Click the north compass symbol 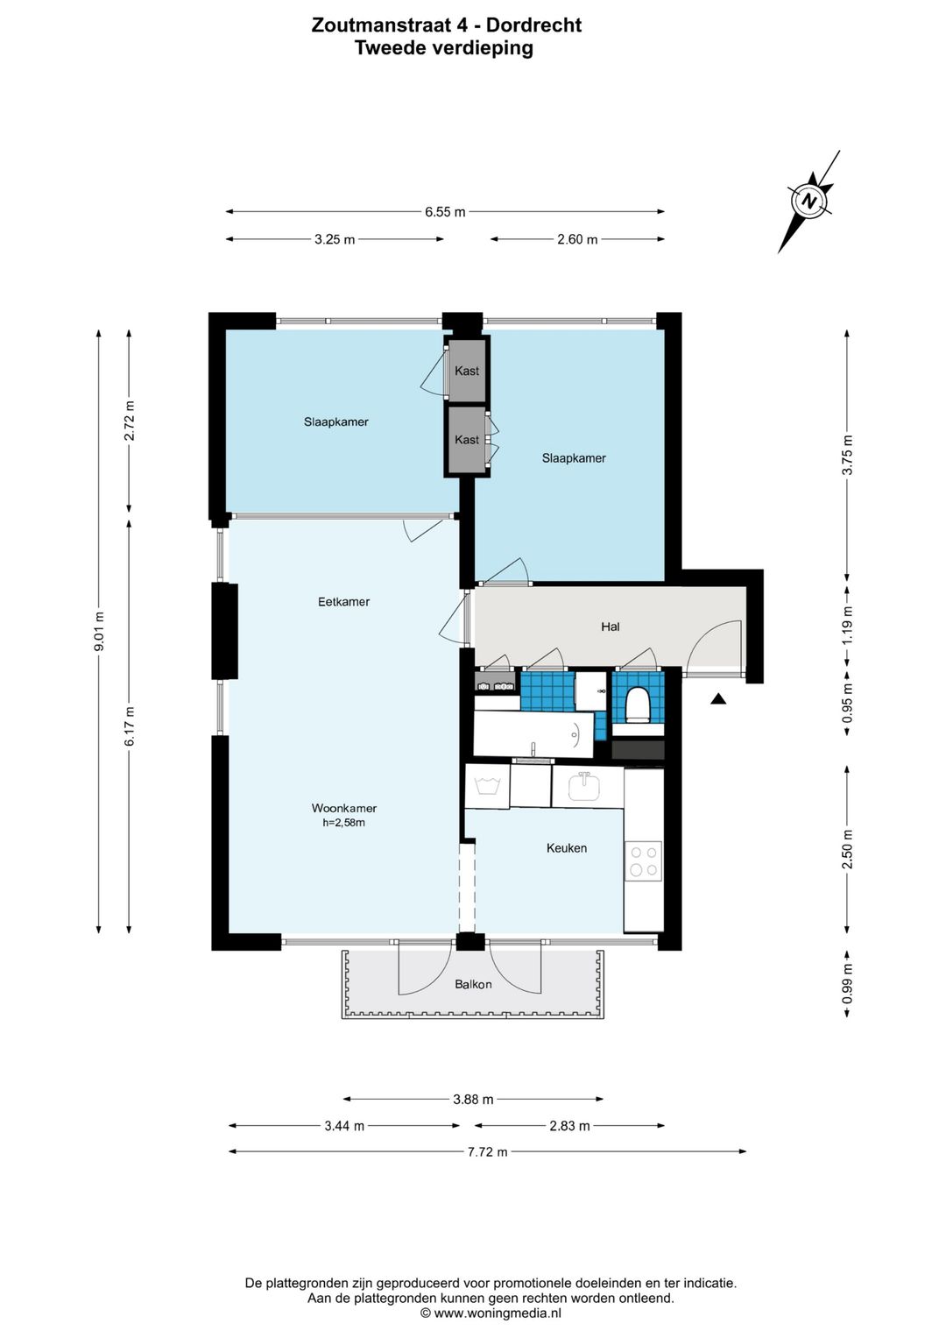(809, 202)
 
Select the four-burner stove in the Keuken (643, 860)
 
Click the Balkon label (473, 984)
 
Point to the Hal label (610, 627)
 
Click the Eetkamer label (343, 601)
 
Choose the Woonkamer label (344, 808)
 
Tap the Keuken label (566, 847)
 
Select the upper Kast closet (466, 371)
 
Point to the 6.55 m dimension (445, 211)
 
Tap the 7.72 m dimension (487, 1151)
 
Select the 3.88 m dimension (473, 1099)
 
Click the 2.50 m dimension (847, 849)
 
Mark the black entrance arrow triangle (718, 698)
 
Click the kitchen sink (584, 786)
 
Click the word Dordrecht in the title (533, 25)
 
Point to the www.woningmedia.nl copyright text (491, 1313)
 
